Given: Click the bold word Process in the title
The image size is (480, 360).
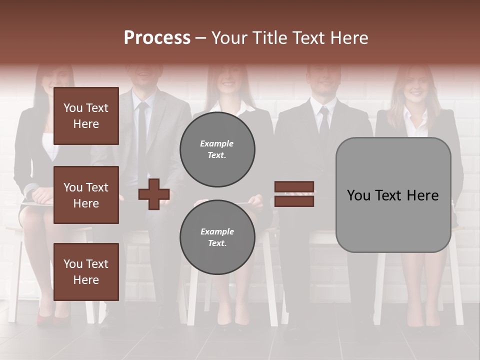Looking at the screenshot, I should coord(157,37).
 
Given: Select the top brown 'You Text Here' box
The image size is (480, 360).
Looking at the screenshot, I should coord(86,116).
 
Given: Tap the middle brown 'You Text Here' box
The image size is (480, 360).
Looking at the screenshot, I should coord(86,195).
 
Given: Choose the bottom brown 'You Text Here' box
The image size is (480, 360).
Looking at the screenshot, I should coord(86,271).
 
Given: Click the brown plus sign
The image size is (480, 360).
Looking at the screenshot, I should coord(154,194).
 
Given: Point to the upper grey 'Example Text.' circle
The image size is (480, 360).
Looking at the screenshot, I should coord(217,149).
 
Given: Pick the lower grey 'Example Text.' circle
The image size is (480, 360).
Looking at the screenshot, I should coord(217,237).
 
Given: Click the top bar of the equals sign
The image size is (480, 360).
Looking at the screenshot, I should coord(294,187).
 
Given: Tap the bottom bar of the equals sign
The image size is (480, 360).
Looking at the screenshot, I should coord(294,201).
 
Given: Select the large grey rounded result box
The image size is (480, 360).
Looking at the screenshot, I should coord(393,195).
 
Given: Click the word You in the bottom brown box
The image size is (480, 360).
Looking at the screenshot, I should coord(73,263).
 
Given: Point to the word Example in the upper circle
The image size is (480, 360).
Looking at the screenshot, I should coord(217,144).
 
